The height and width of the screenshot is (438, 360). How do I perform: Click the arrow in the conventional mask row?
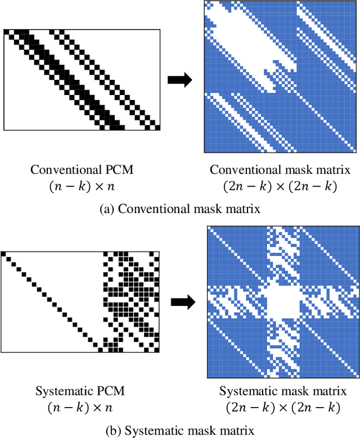180,80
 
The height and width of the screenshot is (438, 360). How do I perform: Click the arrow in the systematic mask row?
182,302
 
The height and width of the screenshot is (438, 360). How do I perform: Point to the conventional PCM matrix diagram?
83,79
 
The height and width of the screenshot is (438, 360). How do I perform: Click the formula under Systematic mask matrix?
282,407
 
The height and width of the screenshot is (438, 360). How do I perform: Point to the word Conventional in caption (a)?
145,209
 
